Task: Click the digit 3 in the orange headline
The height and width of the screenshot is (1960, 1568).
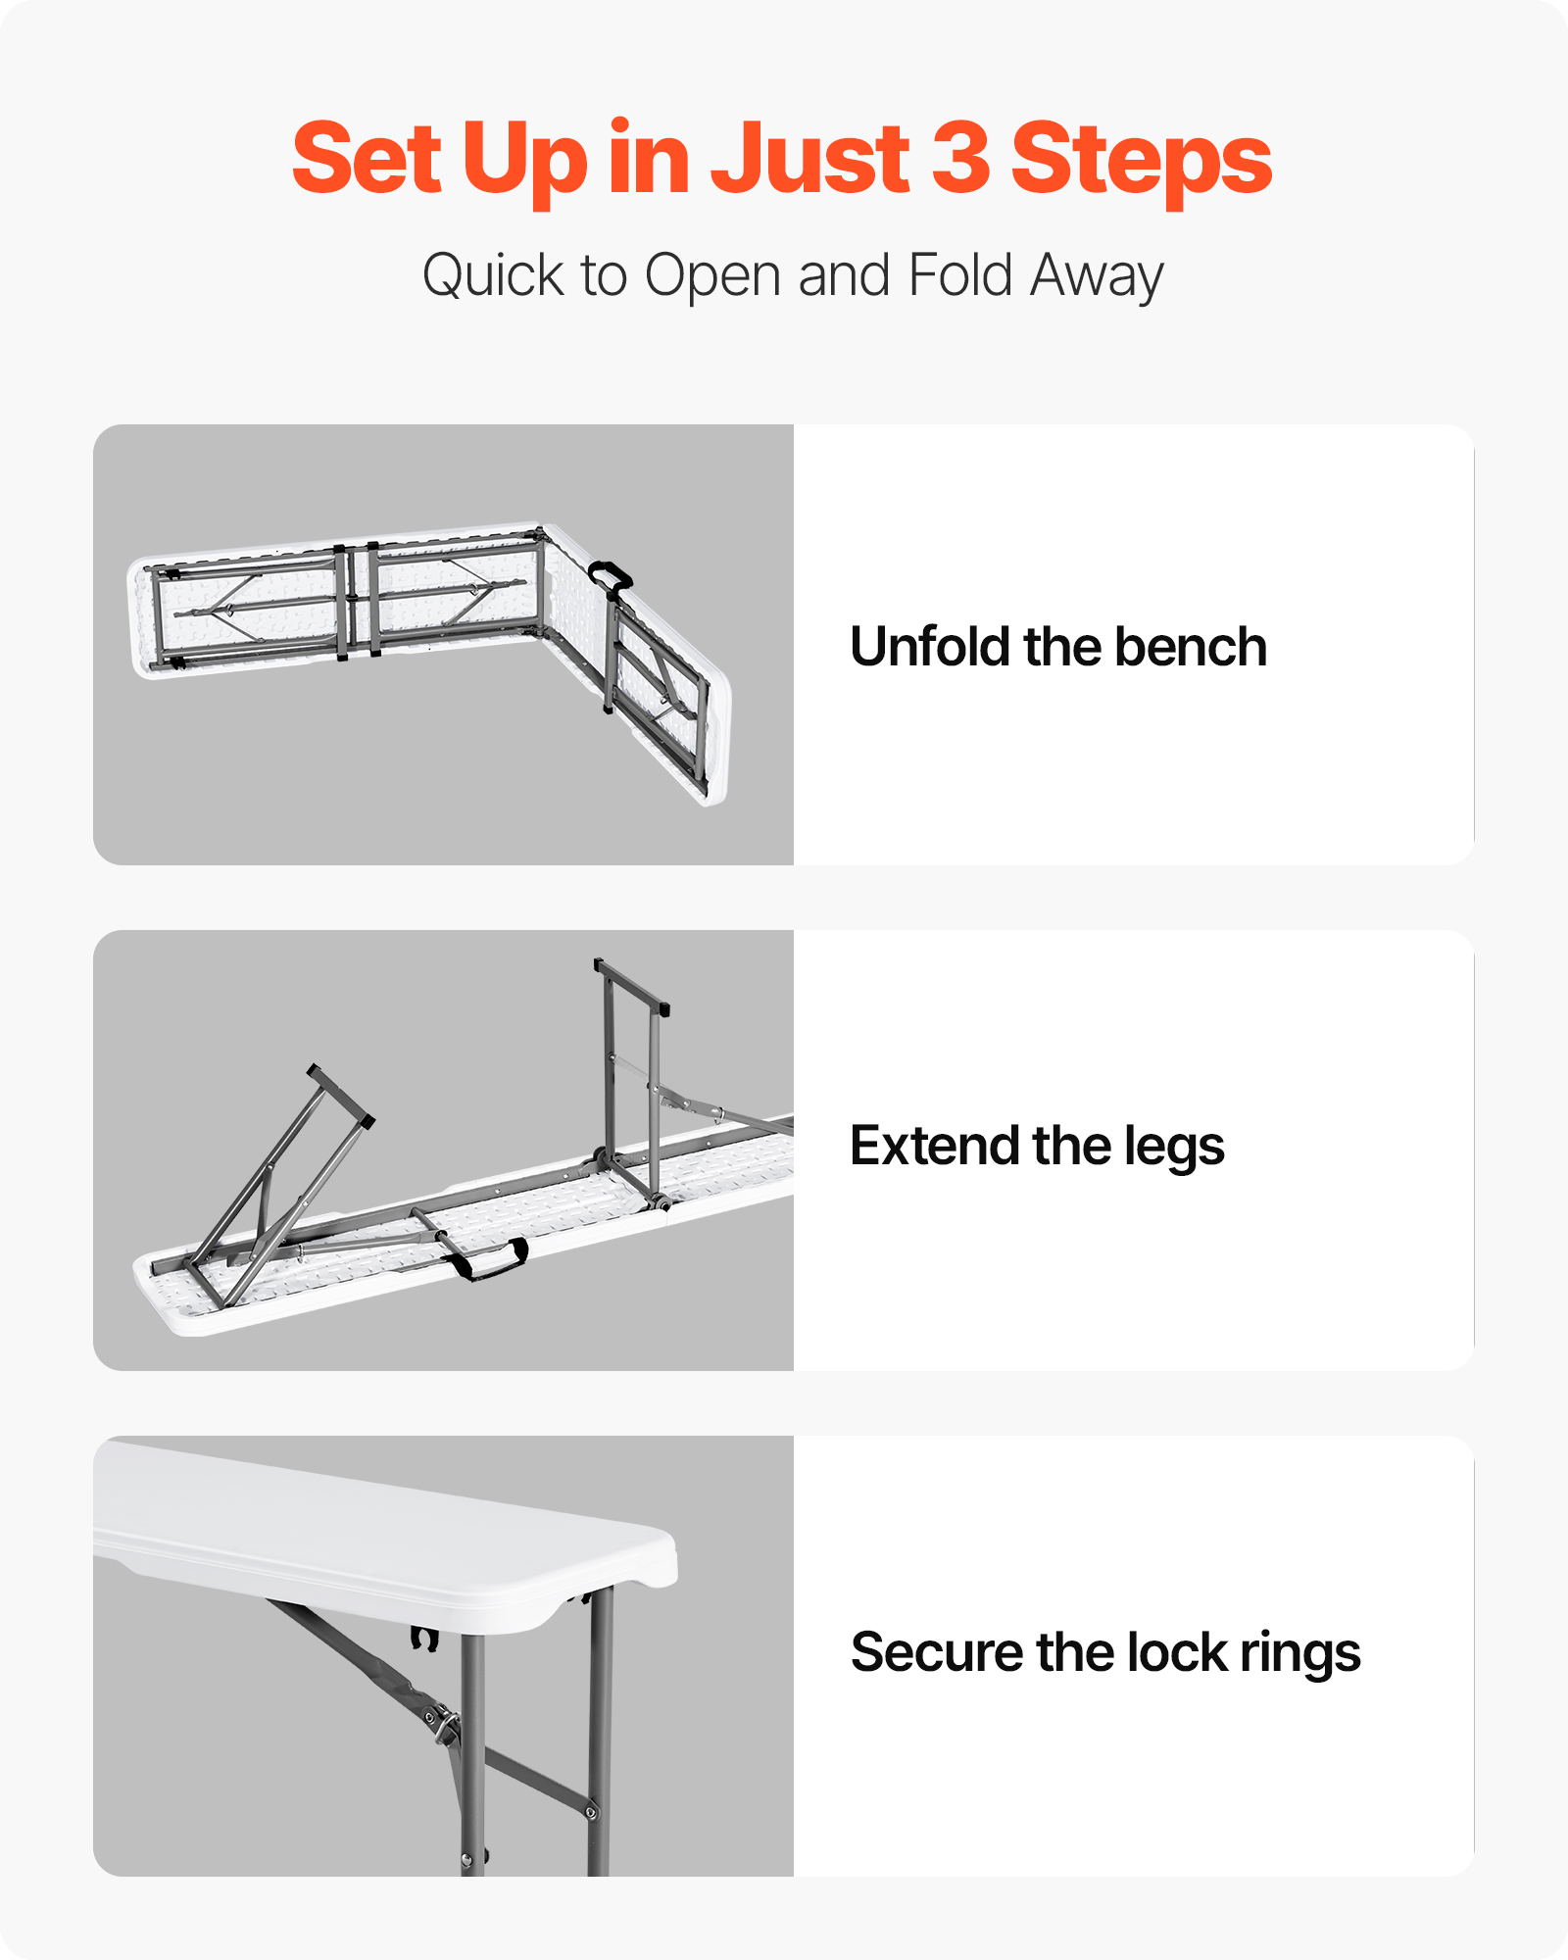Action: coord(960,157)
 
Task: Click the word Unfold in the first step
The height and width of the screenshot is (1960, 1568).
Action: coord(929,647)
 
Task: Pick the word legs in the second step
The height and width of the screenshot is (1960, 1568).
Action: coord(1174,1149)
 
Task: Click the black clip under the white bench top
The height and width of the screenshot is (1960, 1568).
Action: coord(423,1638)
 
